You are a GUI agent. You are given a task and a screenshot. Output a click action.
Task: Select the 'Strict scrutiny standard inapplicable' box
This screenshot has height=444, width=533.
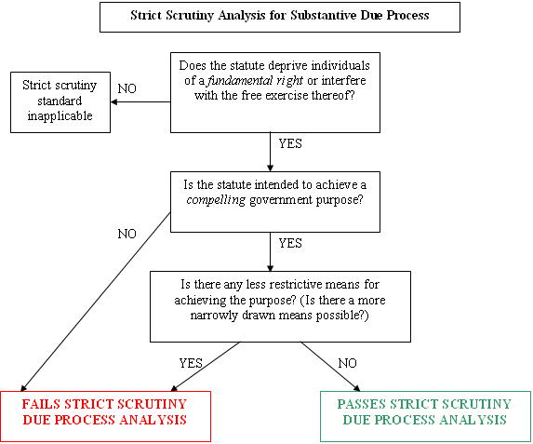pos(60,102)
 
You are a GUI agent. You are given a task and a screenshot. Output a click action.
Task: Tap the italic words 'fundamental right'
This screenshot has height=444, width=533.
pos(255,81)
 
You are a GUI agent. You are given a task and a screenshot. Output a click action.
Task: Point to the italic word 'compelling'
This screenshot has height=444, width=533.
pos(216,200)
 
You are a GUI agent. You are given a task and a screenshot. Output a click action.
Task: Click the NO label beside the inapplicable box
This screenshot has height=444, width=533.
pos(127,88)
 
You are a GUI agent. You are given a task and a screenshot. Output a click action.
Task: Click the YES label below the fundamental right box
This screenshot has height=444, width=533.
pos(290,143)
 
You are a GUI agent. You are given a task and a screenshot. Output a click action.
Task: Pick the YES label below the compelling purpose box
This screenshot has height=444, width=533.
pos(290,243)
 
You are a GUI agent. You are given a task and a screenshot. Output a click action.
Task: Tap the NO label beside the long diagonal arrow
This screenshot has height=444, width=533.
pos(127,234)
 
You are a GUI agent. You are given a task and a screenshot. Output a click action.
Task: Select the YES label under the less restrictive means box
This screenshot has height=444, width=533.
pos(191,363)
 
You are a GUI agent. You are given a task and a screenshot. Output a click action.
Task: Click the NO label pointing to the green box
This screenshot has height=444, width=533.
pos(347,363)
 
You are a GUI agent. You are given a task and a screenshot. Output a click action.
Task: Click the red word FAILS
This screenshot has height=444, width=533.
pos(41,404)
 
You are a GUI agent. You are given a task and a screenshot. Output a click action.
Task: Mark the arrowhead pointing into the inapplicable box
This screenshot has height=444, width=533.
pos(113,101)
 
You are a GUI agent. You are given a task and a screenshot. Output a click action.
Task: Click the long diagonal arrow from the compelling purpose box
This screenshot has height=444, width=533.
pos(96,303)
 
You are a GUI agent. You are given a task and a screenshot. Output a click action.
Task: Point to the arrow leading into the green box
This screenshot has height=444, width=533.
pos(330,367)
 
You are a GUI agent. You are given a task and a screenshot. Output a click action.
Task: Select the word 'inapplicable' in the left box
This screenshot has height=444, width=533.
pos(60,116)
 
